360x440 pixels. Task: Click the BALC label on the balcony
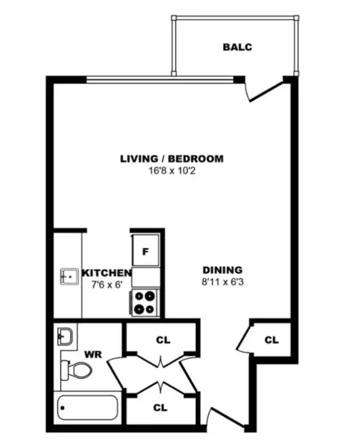237,47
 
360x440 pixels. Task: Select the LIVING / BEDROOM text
172,159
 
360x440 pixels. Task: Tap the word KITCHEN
107,273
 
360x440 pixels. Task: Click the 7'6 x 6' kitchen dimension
107,284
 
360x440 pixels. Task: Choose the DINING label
222,270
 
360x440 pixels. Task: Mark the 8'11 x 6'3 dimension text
222,282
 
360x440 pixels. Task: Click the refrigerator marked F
145,252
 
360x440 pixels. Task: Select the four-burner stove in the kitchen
146,302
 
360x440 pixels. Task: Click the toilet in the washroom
76,369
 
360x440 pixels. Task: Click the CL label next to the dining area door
271,340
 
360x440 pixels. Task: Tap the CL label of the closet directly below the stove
163,340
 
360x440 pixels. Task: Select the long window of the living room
160,79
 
